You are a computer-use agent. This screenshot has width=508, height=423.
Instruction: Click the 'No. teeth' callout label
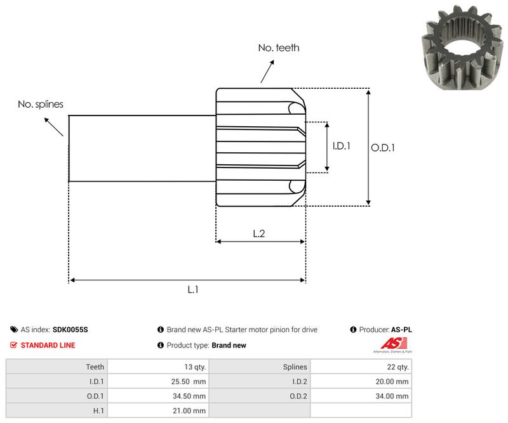278,48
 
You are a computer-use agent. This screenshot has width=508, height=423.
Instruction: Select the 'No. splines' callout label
41,104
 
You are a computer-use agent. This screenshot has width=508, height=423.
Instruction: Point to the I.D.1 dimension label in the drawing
342,146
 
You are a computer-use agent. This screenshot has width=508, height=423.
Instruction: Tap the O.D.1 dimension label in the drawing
383,147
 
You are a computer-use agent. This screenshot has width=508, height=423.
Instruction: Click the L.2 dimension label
259,233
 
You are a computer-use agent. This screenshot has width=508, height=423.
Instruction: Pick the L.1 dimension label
193,289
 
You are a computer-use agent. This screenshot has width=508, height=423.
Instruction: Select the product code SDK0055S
70,330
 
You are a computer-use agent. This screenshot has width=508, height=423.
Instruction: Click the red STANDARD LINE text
48,346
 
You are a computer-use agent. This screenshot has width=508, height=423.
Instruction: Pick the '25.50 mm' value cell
190,381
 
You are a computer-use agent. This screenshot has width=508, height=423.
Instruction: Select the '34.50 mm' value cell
190,396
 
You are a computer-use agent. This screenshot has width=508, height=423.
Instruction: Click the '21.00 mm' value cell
190,411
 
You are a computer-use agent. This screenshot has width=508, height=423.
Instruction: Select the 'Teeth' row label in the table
95,367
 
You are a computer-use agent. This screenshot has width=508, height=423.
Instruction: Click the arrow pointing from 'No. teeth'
267,71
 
